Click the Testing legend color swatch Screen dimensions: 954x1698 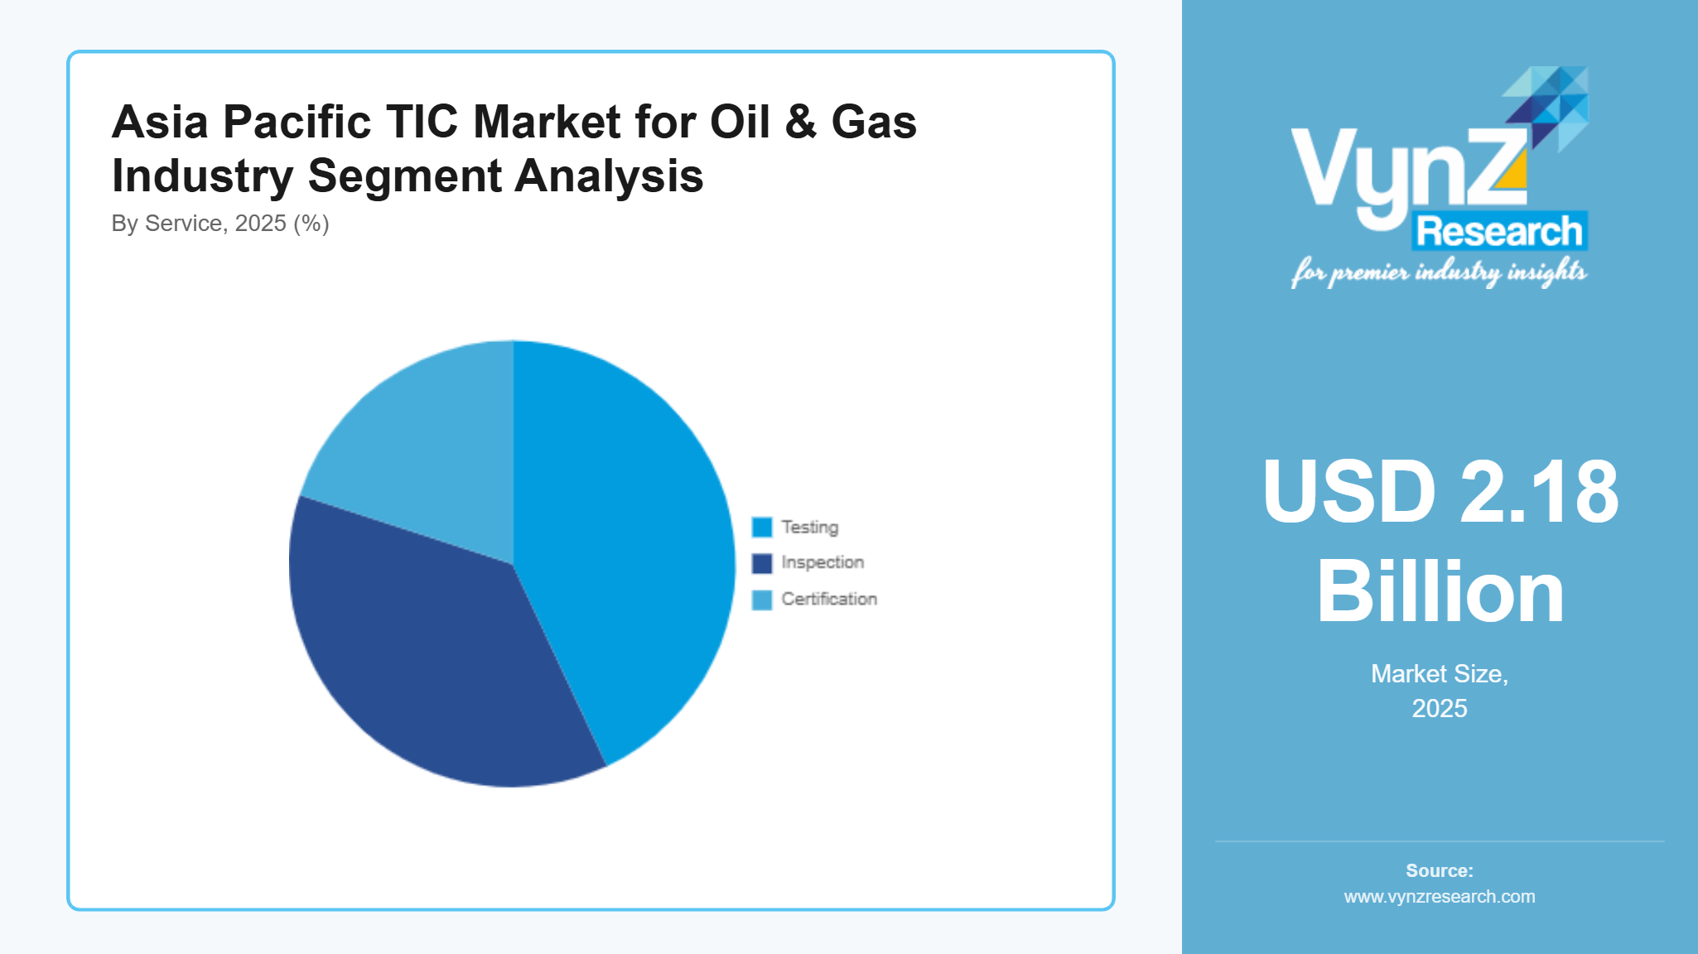[x=761, y=528]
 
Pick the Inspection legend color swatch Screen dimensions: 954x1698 [x=761, y=563]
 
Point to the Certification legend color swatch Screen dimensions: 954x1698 [x=761, y=600]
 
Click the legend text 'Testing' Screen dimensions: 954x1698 [x=809, y=528]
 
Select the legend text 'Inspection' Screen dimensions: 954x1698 [x=822, y=562]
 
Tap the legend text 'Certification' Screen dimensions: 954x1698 [x=829, y=599]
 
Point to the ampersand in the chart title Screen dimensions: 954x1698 [x=800, y=122]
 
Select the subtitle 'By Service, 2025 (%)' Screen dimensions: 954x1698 [x=220, y=224]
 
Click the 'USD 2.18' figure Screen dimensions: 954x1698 [x=1440, y=492]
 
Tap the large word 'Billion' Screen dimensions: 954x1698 [x=1440, y=592]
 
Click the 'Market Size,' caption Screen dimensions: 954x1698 [x=1440, y=674]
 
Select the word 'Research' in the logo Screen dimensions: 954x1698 [x=1499, y=231]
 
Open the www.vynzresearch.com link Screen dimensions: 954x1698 [x=1440, y=897]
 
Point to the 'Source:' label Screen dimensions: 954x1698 [x=1440, y=870]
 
